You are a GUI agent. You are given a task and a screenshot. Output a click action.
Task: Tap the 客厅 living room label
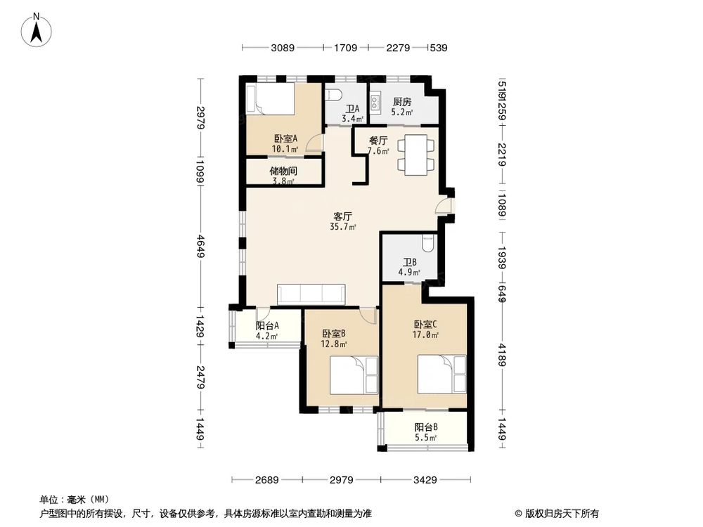click(x=342, y=216)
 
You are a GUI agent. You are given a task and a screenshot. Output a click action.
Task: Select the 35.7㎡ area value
click(x=342, y=227)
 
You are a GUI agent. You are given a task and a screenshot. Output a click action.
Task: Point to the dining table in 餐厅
click(x=417, y=154)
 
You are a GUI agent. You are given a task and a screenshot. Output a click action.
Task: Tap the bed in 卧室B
click(x=354, y=375)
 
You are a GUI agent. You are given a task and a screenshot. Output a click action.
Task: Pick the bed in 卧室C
click(x=441, y=374)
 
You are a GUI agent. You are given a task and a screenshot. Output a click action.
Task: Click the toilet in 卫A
click(x=336, y=96)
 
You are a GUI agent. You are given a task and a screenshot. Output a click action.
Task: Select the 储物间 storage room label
click(x=283, y=171)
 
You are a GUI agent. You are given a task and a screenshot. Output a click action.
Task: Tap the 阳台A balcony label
click(x=267, y=325)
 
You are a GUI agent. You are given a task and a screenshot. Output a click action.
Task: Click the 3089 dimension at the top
click(x=283, y=48)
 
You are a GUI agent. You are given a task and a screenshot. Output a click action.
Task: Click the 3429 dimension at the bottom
click(x=425, y=480)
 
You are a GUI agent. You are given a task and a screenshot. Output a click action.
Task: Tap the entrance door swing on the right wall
click(x=443, y=205)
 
